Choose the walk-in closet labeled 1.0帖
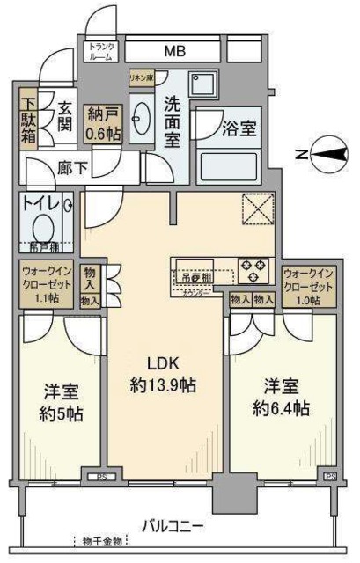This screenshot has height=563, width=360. click(x=309, y=285)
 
